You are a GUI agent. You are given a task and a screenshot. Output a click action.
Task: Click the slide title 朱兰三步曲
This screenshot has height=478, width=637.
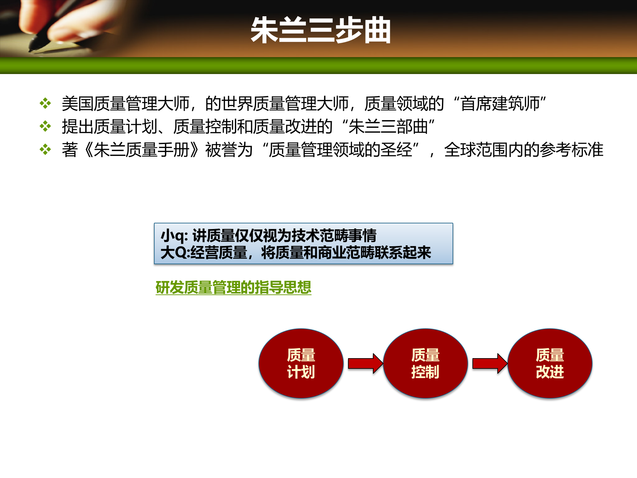point(320,30)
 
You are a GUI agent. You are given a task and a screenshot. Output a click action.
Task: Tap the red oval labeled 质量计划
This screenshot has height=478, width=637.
point(301,363)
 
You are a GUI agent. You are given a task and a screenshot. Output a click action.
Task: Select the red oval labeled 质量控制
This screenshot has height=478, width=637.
point(425,363)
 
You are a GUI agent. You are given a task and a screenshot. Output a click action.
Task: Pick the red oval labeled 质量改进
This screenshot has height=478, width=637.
point(550,363)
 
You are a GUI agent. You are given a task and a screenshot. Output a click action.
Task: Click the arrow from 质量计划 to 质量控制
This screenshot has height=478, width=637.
point(365,363)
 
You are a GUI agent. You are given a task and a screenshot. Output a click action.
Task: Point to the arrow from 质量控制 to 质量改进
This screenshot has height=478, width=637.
point(489,363)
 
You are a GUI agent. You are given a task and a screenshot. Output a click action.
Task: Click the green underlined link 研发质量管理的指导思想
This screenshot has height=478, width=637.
point(233,287)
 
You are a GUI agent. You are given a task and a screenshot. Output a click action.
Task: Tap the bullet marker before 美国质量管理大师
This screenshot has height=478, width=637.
point(45,103)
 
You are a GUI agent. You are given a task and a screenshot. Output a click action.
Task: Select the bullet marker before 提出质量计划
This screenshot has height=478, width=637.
point(45,126)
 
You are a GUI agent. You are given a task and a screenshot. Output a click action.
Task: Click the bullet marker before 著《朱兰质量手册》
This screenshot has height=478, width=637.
point(45,150)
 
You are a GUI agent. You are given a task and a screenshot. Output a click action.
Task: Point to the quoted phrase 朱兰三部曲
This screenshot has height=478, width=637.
point(388,127)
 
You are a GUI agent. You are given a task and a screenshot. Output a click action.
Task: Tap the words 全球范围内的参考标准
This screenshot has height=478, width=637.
point(524,150)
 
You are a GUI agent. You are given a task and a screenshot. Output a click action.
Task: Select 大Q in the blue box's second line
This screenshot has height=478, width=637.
point(174,253)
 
